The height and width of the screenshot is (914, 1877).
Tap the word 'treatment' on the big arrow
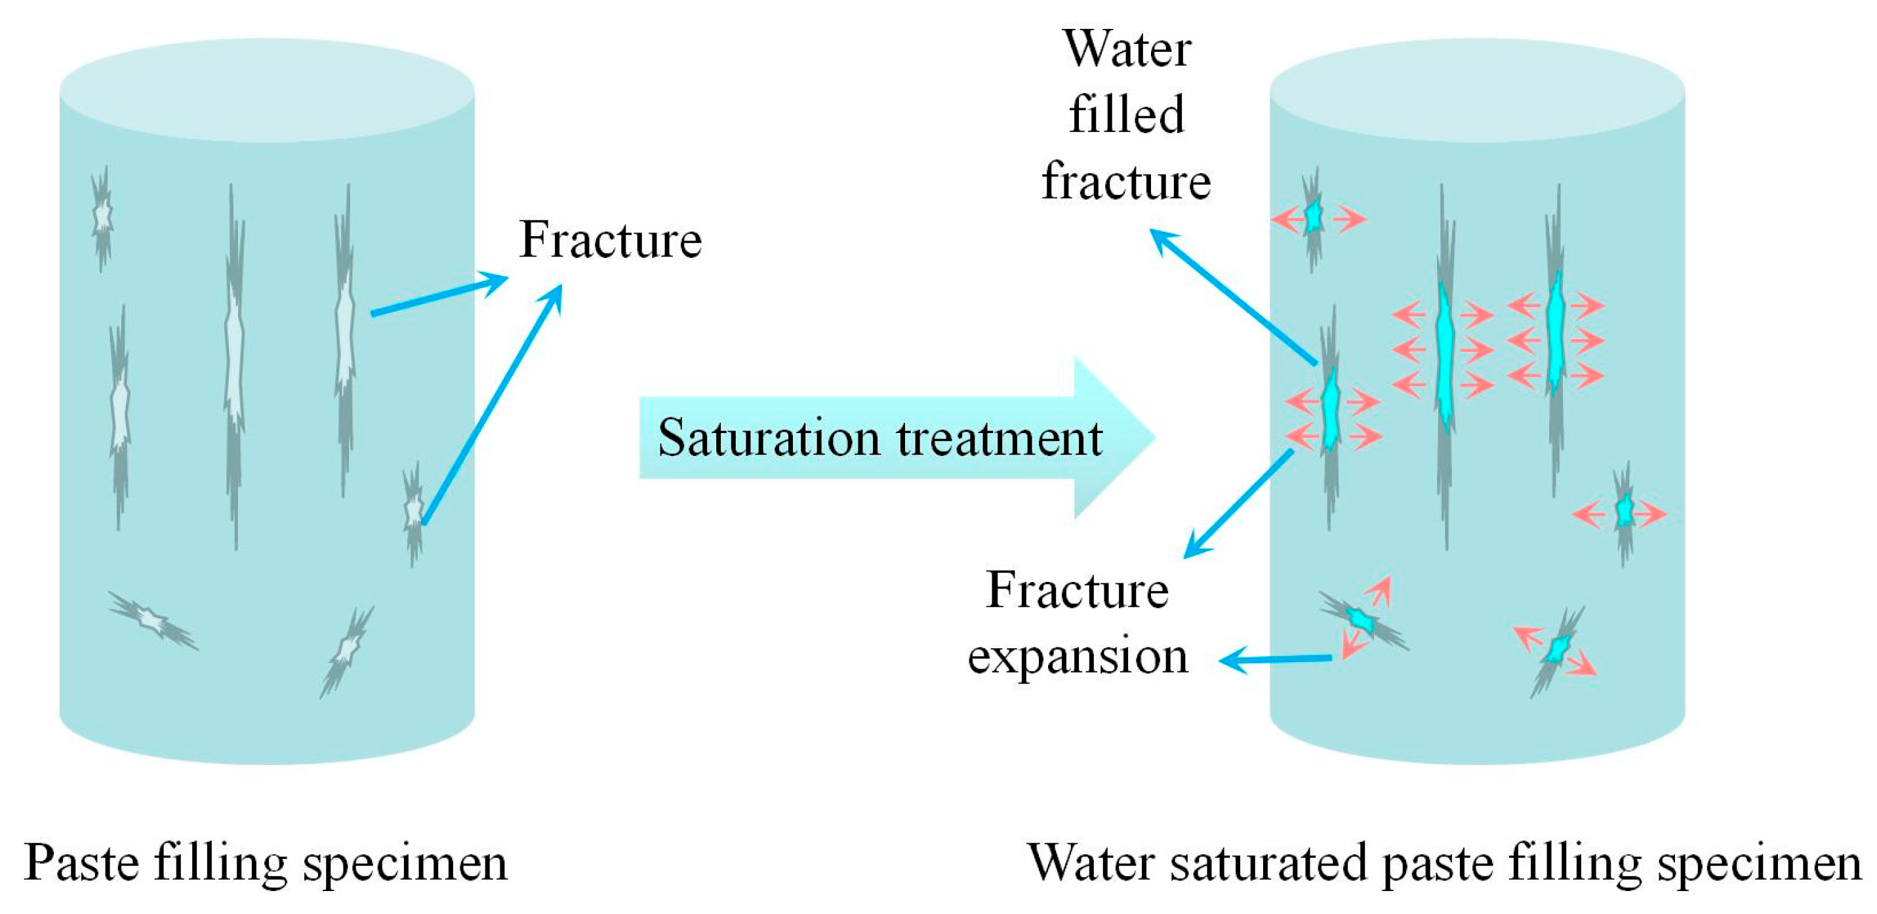click(999, 438)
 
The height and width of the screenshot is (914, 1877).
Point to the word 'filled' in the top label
click(1127, 115)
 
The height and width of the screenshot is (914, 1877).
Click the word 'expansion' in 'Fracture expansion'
click(1078, 656)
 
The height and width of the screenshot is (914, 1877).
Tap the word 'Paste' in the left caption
click(81, 863)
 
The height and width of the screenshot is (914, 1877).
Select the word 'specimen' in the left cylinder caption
click(405, 863)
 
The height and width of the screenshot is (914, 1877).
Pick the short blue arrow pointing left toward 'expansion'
click(1275, 659)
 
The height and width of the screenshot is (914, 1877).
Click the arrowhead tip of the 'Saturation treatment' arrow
click(1151, 438)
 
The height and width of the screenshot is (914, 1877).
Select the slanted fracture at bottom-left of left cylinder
click(152, 620)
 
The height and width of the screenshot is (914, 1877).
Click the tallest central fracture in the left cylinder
click(234, 364)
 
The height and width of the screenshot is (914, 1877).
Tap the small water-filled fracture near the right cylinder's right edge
click(1623, 512)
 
